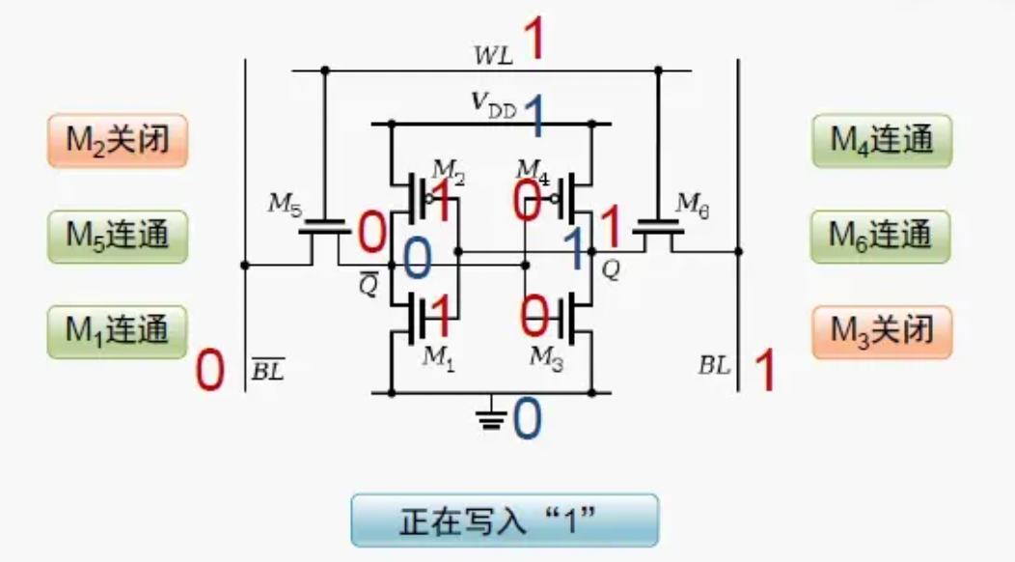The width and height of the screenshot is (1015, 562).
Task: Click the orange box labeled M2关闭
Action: [x=117, y=141]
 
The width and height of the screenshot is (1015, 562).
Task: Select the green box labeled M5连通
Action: [x=117, y=236]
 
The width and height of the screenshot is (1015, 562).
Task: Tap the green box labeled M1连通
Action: [x=117, y=331]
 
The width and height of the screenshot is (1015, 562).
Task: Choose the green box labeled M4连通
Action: [x=882, y=141]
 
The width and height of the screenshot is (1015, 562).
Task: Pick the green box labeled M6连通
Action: [x=882, y=236]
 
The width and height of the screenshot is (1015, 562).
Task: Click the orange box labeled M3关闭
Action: [x=882, y=331]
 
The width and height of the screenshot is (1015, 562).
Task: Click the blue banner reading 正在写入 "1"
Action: [x=504, y=521]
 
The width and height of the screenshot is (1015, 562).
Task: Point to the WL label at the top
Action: [x=493, y=54]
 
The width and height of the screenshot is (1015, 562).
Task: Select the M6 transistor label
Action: [x=692, y=203]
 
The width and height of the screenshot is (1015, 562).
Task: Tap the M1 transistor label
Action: [x=437, y=356]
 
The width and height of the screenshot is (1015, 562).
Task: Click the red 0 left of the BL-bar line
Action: [x=209, y=371]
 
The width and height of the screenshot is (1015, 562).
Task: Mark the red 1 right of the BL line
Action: [x=764, y=371]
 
